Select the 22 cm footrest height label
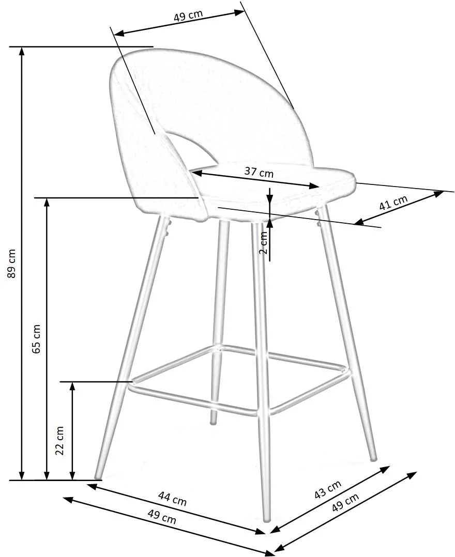click(x=60, y=440)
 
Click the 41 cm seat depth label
click(x=393, y=203)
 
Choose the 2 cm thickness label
click(x=263, y=243)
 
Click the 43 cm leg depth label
click(x=328, y=489)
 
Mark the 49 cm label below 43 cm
click(x=345, y=502)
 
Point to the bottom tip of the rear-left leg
click(x=213, y=422)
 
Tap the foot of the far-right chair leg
click(x=373, y=458)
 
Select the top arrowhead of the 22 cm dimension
click(x=72, y=386)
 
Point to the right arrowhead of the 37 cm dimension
click(x=315, y=186)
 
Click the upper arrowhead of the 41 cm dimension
click(x=439, y=194)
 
